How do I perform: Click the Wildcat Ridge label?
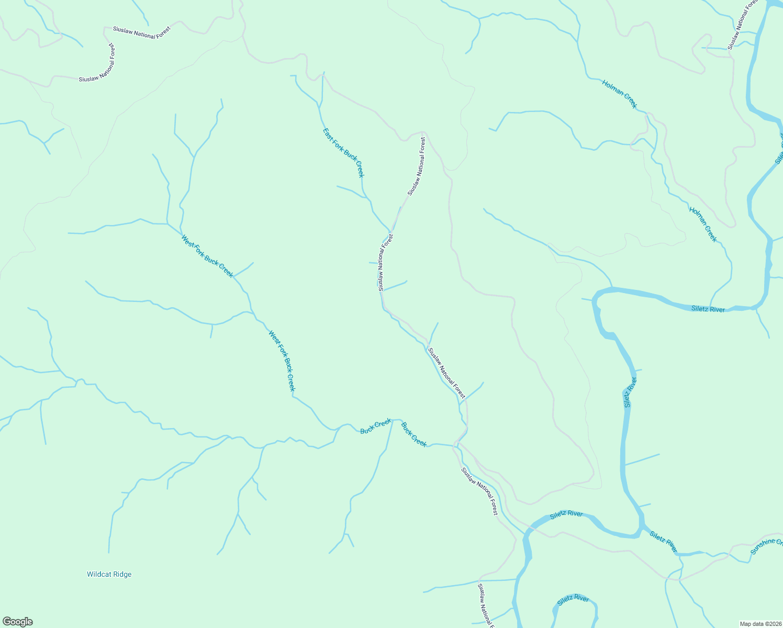(109, 574)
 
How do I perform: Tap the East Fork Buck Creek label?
(343, 153)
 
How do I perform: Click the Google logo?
(18, 622)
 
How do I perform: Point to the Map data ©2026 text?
(760, 624)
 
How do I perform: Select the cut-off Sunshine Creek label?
(766, 546)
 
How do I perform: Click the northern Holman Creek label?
(620, 94)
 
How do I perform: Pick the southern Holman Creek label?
(703, 225)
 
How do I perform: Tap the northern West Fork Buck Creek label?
(207, 256)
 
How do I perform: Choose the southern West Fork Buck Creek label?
(282, 361)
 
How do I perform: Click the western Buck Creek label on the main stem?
(376, 426)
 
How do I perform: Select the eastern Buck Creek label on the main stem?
(414, 434)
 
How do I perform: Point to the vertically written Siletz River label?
(630, 392)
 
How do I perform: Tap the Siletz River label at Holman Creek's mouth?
(708, 309)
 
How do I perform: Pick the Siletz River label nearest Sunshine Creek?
(663, 541)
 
